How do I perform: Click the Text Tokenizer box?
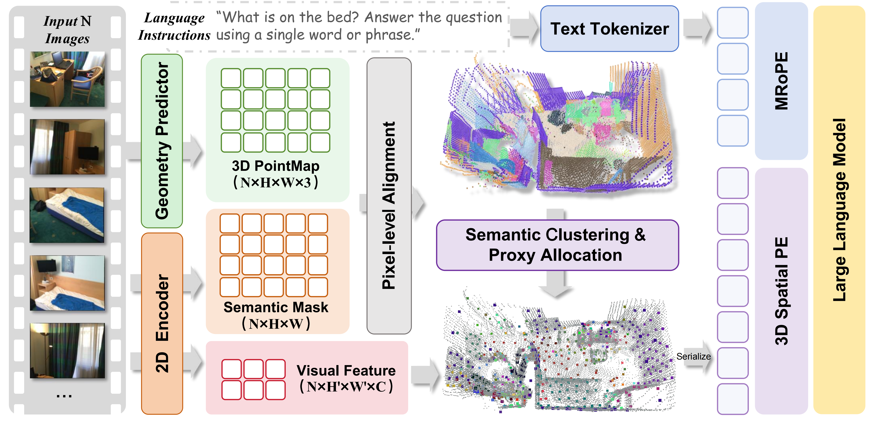[x=609, y=29]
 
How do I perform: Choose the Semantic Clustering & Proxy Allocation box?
[x=557, y=245]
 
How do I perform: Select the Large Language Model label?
[x=839, y=210]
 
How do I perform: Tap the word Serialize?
[x=693, y=356]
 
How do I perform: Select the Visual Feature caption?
[x=346, y=371]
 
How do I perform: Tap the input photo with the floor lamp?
[x=67, y=351]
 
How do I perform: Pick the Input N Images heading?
[x=67, y=30]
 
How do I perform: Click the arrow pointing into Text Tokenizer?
[x=524, y=28]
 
